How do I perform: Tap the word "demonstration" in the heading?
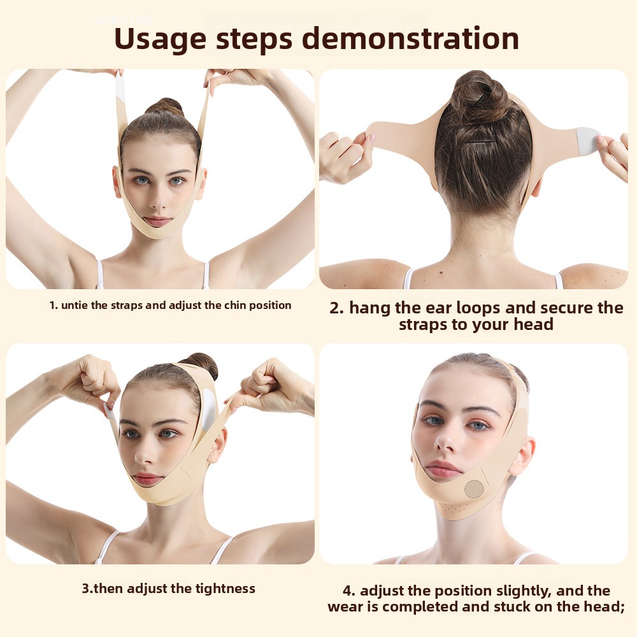411,38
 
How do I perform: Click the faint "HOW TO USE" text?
124,20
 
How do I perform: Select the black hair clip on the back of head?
480,142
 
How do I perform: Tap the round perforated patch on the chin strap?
474,489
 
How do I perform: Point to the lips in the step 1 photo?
157,221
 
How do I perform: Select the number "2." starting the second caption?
336,308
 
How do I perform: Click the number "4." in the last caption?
349,590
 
